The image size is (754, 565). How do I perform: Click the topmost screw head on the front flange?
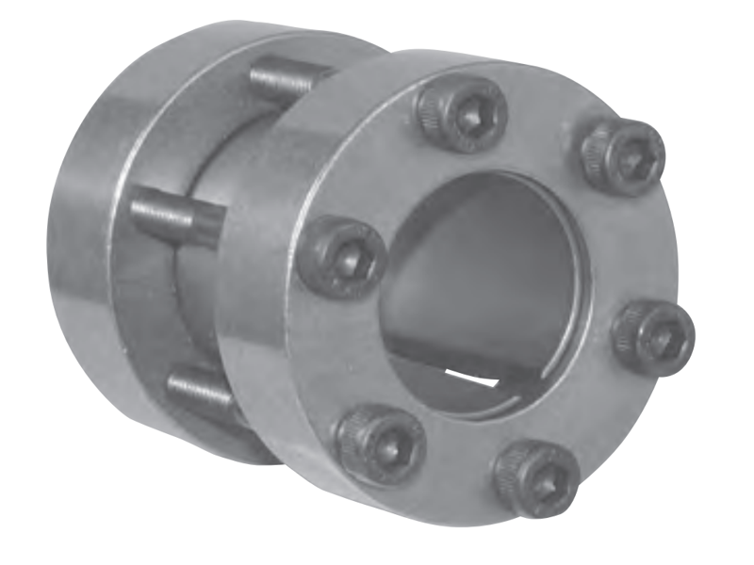pyautogui.click(x=461, y=115)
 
